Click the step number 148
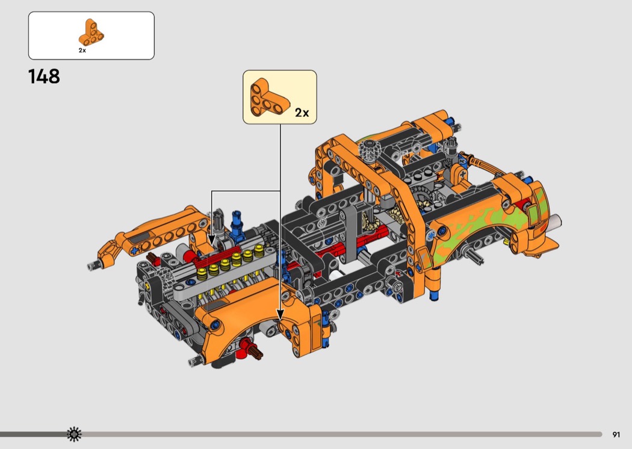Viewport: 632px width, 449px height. tap(44, 76)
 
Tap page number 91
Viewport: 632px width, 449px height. tap(616, 435)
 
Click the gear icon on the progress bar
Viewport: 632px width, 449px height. tap(74, 434)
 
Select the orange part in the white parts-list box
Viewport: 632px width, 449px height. tap(91, 33)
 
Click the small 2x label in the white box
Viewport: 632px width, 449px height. tap(82, 51)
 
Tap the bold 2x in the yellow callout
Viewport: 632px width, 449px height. tap(302, 113)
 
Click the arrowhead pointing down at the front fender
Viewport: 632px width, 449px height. tap(280, 315)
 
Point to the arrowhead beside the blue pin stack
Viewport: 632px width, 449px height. tap(212, 241)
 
